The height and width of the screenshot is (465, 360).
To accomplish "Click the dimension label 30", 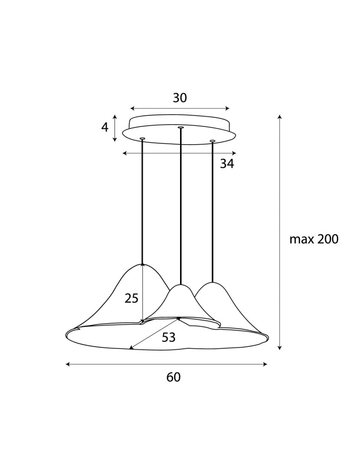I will [180, 98].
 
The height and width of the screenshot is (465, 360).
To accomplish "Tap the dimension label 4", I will [105, 127].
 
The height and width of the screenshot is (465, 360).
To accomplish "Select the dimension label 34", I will [227, 164].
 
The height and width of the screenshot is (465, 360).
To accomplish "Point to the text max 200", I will [314, 239].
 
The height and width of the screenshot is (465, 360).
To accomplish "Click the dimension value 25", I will [132, 299].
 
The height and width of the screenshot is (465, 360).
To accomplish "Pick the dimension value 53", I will [169, 338].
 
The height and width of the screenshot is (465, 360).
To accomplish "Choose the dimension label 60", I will [173, 378].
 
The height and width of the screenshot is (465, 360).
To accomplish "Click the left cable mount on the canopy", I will [142, 138].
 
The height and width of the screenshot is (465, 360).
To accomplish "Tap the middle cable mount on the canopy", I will [180, 127].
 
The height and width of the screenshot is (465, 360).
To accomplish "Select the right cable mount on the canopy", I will [213, 140].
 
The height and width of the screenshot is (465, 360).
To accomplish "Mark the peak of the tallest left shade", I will [142, 264].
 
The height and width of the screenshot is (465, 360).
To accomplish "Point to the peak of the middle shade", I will [180, 285].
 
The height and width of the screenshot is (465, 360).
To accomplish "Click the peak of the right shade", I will [213, 282].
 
